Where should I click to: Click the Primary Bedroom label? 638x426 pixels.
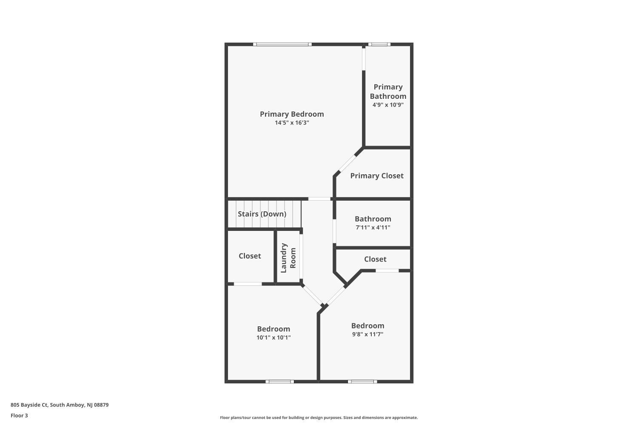292,114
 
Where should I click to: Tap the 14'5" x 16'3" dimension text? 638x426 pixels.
292,123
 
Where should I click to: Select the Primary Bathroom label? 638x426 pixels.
388,92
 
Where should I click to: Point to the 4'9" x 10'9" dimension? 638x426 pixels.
388,105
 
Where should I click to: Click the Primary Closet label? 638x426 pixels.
377,176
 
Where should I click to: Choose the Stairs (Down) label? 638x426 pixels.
262,214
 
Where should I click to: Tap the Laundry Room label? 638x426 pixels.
288,258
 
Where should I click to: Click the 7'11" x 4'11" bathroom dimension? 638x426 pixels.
373,227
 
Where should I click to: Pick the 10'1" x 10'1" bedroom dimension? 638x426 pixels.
273,337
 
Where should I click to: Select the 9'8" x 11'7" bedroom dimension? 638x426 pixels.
368,334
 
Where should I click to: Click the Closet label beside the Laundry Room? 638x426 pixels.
250,256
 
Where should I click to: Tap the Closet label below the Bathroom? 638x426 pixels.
375,259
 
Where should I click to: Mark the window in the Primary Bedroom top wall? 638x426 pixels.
282,44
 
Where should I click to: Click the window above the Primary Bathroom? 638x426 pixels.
379,44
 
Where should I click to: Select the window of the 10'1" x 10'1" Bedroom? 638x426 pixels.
280,382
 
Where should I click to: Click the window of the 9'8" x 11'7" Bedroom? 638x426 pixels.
362,382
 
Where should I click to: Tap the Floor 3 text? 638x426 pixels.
20,415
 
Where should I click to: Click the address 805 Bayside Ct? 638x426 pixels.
29,405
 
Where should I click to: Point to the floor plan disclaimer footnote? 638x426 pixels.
319,417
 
